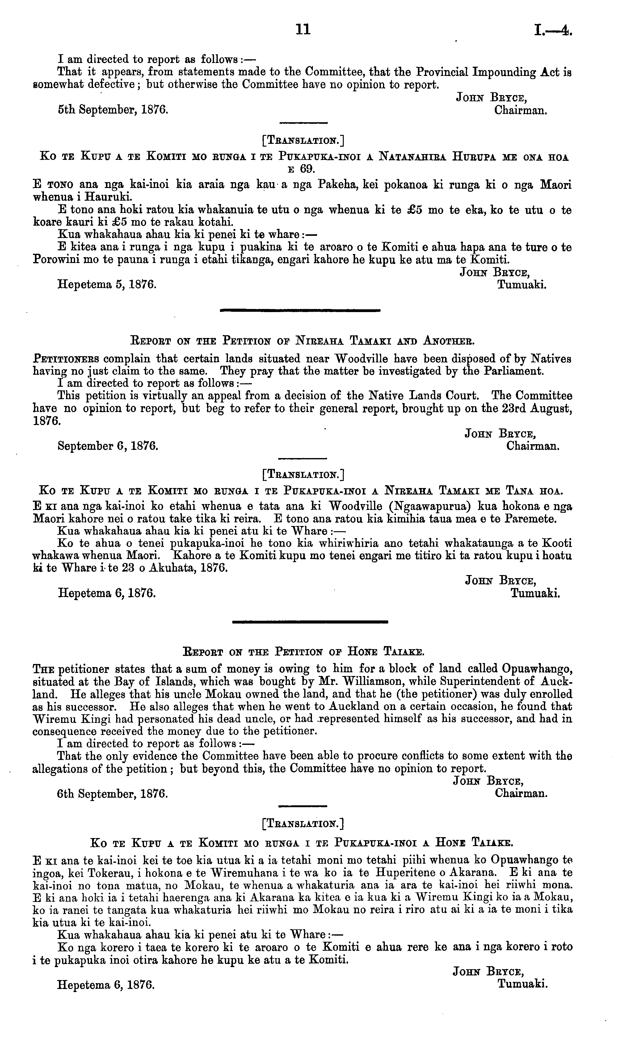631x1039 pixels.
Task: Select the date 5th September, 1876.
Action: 113,111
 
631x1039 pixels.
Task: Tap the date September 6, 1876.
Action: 108,446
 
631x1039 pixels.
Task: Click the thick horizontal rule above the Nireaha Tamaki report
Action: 300,311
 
